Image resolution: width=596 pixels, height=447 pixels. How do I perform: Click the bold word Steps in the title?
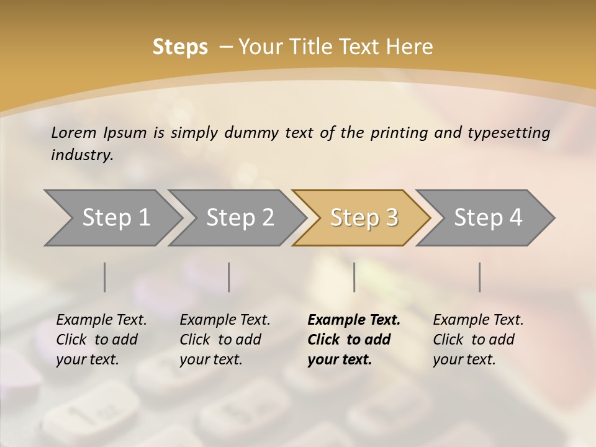[x=180, y=47]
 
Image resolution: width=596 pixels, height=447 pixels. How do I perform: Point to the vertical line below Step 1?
[x=105, y=277]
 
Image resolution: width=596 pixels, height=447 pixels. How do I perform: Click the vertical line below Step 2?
[x=229, y=277]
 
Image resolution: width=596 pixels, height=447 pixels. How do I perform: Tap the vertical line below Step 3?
[x=354, y=277]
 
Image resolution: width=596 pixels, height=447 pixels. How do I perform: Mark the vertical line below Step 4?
[x=479, y=277]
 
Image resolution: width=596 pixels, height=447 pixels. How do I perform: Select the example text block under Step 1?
[x=101, y=340]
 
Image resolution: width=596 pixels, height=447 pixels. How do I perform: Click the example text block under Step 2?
[x=225, y=340]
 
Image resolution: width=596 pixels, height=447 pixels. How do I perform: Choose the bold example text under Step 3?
[x=354, y=340]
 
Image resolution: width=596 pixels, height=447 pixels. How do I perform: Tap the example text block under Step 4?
[x=478, y=340]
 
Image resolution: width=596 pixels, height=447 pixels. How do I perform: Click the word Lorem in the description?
[x=73, y=132]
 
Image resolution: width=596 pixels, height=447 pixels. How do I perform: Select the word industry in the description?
[x=82, y=155]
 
